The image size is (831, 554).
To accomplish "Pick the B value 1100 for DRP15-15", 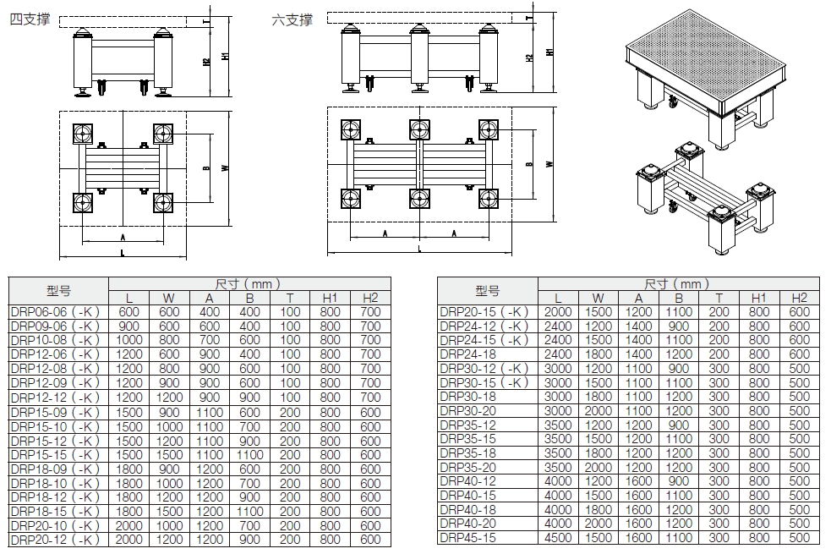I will tap(250, 454).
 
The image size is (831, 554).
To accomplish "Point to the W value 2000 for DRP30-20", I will tap(599, 411).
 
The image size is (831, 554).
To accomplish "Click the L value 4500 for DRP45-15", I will tap(558, 538).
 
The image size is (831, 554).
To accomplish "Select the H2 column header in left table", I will tap(370, 298).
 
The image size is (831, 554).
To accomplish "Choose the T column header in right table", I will tap(719, 298).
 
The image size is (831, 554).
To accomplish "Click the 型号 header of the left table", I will tap(58, 291).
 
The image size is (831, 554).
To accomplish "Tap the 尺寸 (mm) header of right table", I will tap(677, 284).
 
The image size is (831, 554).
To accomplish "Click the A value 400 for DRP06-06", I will tap(210, 312).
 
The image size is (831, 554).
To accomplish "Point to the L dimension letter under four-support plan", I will tap(123, 252).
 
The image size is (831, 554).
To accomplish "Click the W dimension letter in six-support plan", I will tap(549, 164).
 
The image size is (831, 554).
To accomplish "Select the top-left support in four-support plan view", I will tap(83, 135).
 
